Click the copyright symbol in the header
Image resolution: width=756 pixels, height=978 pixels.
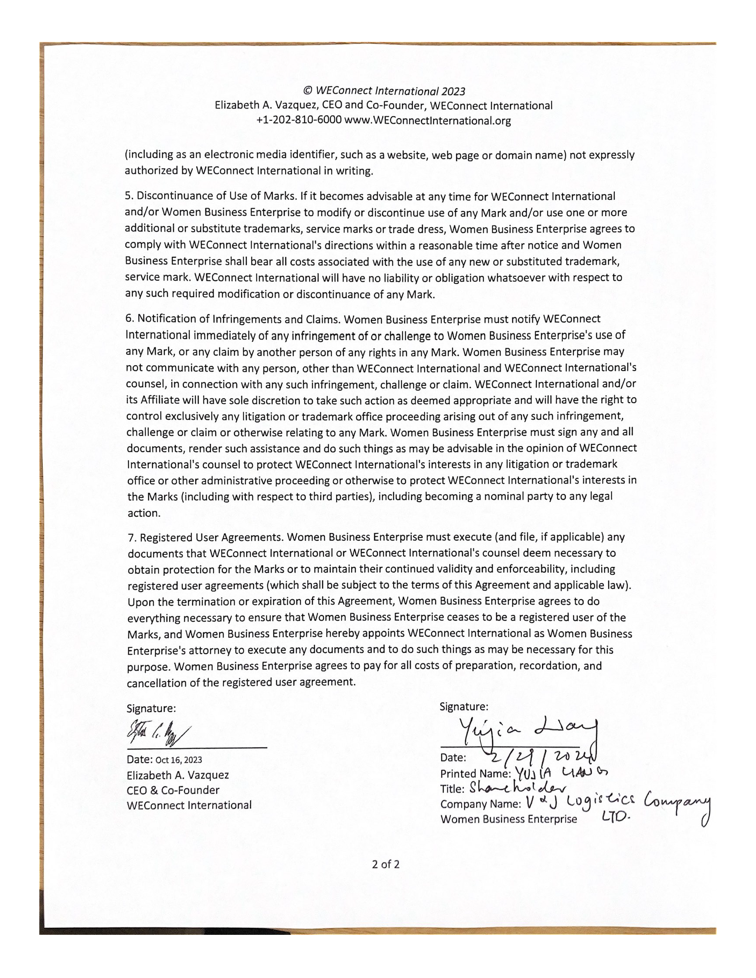click(308, 91)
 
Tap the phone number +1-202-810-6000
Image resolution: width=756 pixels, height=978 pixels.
click(299, 120)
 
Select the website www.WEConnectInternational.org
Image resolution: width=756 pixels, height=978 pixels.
click(427, 120)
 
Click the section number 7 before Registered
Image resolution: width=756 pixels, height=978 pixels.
click(131, 537)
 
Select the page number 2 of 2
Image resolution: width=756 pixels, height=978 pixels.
click(385, 864)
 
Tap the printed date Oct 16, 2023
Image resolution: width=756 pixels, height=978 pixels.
click(179, 760)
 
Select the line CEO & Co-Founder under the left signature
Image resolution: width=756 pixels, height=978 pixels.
click(173, 790)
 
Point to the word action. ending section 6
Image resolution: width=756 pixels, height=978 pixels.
click(144, 513)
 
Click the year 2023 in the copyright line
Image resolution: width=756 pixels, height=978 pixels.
click(453, 92)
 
